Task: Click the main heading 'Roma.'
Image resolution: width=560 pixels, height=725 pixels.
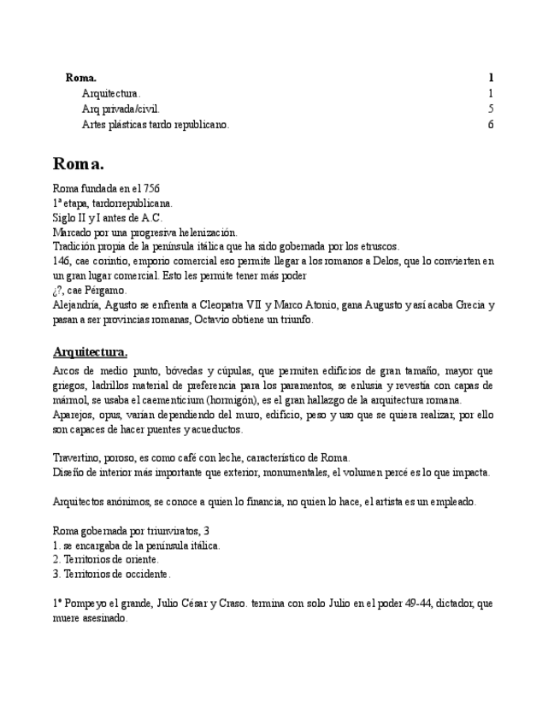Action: [x=79, y=163]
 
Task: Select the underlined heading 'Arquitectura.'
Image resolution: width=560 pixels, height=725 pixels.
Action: [x=91, y=351]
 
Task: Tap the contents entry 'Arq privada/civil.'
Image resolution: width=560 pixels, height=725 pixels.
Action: [x=121, y=109]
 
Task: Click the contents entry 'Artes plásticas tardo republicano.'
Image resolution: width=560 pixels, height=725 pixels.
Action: [x=156, y=124]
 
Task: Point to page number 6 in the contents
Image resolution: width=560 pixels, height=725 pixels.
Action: [x=491, y=124]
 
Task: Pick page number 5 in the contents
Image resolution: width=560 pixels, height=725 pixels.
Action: [x=491, y=109]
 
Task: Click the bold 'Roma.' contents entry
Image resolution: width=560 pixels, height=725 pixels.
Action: [x=81, y=78]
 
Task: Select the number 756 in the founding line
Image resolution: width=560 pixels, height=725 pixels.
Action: [x=150, y=188]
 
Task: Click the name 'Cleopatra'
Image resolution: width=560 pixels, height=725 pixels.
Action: [x=243, y=304]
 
